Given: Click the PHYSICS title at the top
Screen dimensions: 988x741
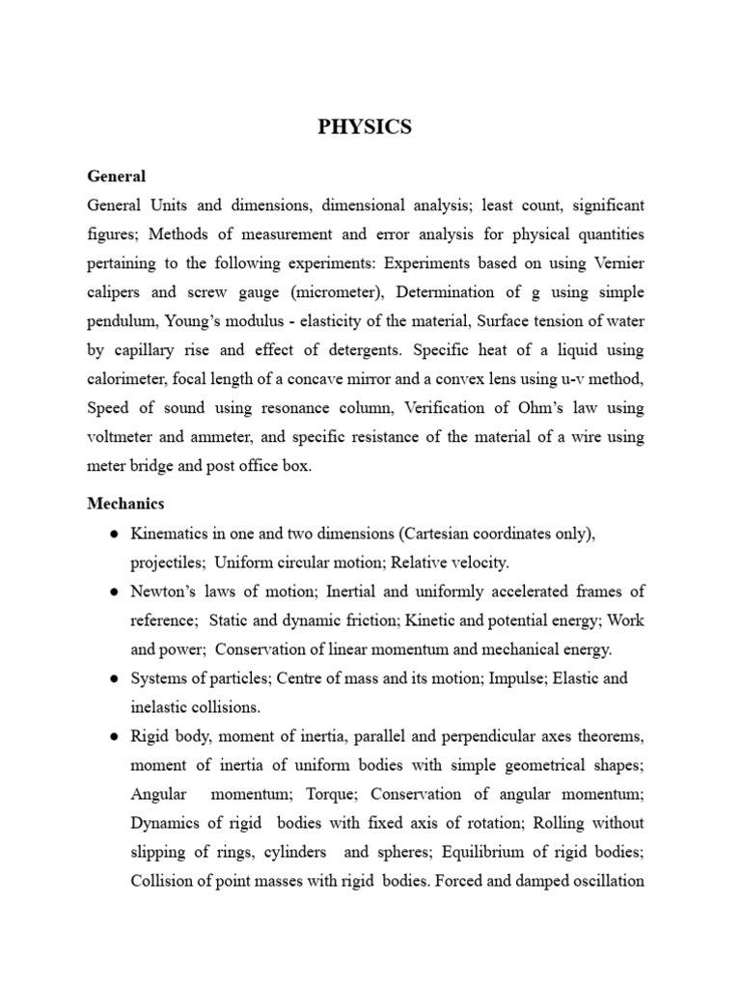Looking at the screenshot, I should click(365, 127).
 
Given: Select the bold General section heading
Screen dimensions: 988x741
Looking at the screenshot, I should click(117, 177).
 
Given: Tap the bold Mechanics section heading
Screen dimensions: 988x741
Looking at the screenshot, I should click(125, 503).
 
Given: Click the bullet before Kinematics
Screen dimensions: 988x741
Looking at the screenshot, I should click(115, 534).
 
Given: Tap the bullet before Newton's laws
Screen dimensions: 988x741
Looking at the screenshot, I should click(115, 591).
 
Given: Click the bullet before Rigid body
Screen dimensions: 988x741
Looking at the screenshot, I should click(115, 737).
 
